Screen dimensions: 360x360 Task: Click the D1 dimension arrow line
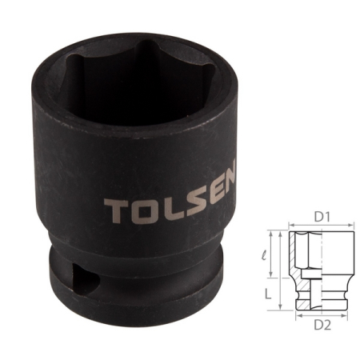319,228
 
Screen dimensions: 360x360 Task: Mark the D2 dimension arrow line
319,316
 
